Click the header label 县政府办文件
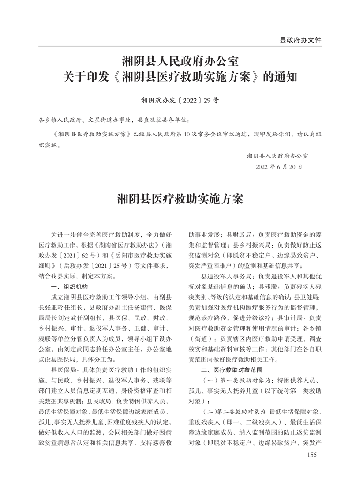300,40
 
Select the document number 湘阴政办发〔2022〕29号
180,100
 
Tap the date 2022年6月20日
279,168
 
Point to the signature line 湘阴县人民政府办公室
277,156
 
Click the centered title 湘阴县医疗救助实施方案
180,199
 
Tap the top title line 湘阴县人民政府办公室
180,60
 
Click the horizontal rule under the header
180,46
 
